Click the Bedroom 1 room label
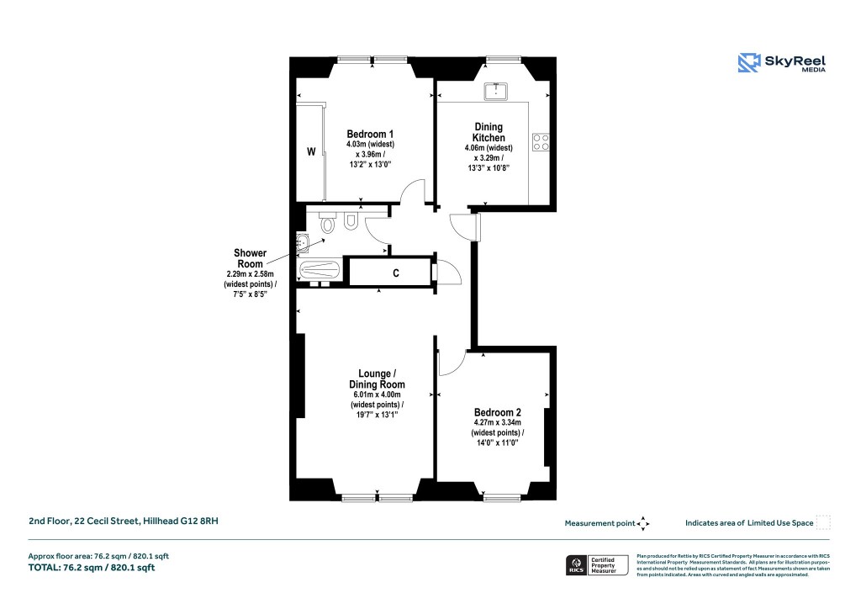pos(370,134)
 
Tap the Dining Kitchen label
pos(489,132)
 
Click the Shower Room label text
pos(250,258)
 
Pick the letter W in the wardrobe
pos(310,152)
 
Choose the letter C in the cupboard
pos(394,273)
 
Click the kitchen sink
pos(496,90)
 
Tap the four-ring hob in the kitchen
pos(540,143)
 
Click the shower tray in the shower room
pos(320,272)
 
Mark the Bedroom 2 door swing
pos(451,362)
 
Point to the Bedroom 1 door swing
pos(413,193)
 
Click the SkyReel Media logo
pos(781,63)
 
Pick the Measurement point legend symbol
pos(643,523)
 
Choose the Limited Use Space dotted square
pos(823,522)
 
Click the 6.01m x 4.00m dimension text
pos(375,395)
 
